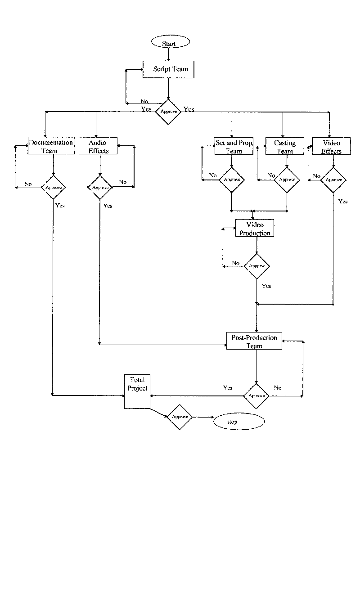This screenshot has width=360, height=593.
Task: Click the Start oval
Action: point(170,43)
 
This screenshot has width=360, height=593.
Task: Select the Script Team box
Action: point(168,69)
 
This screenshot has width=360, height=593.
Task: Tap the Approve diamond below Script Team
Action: point(168,112)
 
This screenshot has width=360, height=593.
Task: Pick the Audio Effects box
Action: point(98,146)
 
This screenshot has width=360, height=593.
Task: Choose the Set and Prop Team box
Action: point(234,147)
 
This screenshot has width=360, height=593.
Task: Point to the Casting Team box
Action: point(284,147)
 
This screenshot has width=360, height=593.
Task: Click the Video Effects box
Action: point(331,147)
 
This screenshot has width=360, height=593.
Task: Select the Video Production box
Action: point(255,229)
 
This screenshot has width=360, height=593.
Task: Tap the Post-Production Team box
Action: point(254,341)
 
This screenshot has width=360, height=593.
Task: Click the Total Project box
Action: point(137,391)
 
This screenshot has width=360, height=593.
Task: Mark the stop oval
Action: point(238,422)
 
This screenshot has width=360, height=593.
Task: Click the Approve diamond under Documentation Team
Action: point(54,186)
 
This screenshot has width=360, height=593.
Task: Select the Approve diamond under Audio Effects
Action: point(100,187)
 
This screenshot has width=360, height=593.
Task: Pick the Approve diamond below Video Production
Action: point(257,266)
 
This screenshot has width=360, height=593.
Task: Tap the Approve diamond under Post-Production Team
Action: point(256,396)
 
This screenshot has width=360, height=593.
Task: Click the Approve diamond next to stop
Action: point(180,417)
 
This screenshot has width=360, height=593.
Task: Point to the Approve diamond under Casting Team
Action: point(287,180)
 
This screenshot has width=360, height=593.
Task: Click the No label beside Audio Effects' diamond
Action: point(123,182)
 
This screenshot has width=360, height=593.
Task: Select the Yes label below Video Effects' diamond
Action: point(343,202)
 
